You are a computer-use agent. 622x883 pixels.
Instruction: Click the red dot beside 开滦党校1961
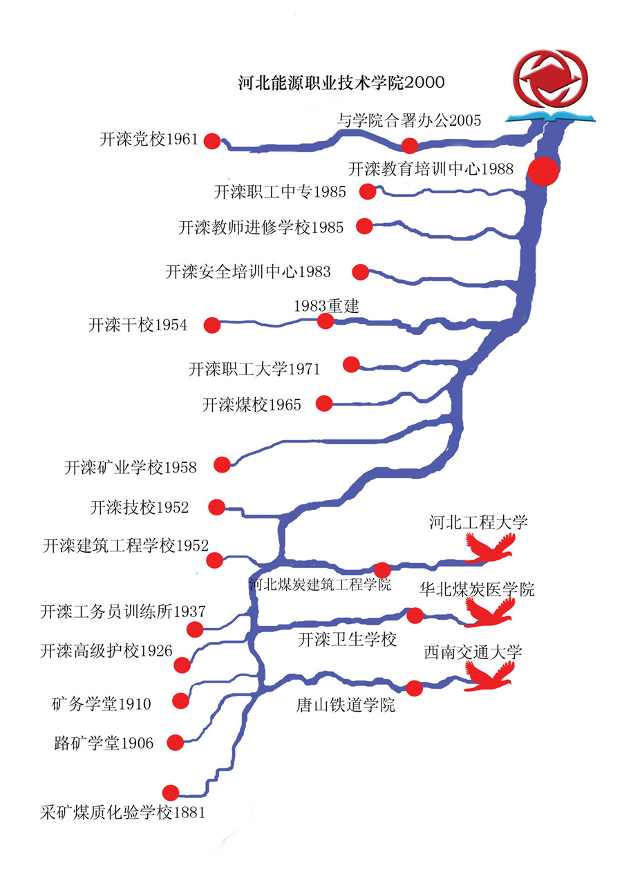click(x=212, y=141)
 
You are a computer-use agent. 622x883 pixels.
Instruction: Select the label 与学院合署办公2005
click(x=409, y=120)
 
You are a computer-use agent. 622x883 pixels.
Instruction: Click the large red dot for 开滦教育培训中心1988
click(x=543, y=171)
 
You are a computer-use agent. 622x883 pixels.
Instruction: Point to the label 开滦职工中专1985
click(x=280, y=192)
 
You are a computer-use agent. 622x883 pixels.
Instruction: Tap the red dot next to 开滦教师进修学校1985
click(x=364, y=225)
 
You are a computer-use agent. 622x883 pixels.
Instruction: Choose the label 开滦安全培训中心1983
click(x=248, y=272)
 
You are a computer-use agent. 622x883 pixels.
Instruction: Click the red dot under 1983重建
click(x=326, y=321)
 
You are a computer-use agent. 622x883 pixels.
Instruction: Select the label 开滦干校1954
click(x=138, y=325)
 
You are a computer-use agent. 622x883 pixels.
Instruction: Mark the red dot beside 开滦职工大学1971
click(x=351, y=364)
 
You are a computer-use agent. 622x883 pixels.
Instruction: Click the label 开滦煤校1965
click(x=252, y=405)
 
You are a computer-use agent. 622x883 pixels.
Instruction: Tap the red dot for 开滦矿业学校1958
click(x=222, y=464)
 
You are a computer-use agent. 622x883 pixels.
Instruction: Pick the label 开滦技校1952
click(x=139, y=508)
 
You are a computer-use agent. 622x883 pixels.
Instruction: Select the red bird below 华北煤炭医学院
click(x=491, y=611)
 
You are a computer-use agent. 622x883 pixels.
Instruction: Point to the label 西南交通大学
click(x=473, y=652)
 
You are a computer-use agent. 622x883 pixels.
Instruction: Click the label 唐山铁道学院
click(x=346, y=705)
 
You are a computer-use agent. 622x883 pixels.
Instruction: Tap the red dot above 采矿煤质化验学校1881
click(x=170, y=792)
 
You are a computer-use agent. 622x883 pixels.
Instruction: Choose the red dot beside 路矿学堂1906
click(x=176, y=742)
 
